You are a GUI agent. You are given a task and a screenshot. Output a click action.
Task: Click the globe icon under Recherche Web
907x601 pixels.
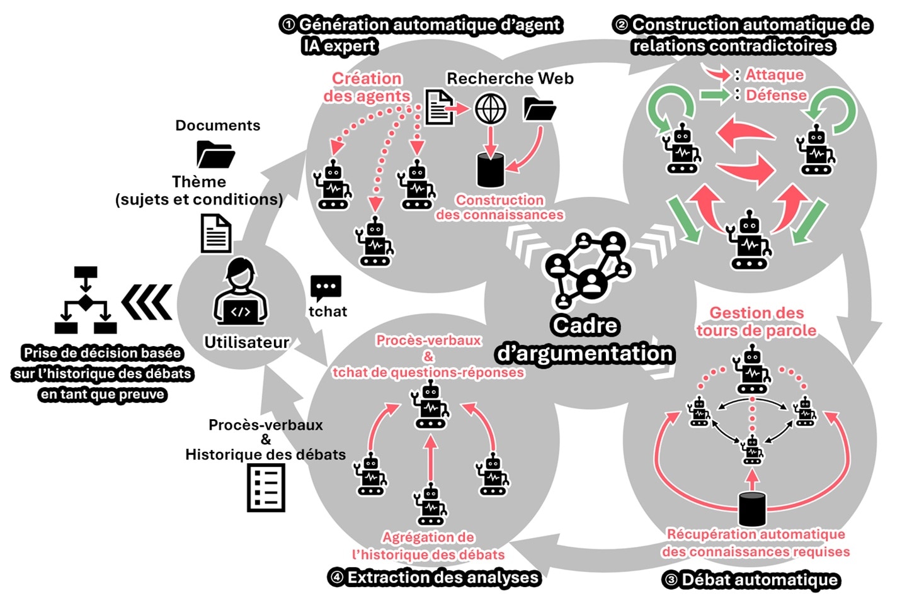coord(490,110)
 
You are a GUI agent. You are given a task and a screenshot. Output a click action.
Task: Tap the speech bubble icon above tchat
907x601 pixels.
coord(326,288)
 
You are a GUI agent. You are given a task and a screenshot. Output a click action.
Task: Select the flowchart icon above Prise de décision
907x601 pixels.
coord(86,300)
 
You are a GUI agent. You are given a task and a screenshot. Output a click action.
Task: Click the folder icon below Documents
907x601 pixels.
coord(215,154)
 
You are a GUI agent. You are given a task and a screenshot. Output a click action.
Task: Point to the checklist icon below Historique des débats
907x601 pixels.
coord(266,487)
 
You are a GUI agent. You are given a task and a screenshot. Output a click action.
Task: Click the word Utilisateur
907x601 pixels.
coord(247,342)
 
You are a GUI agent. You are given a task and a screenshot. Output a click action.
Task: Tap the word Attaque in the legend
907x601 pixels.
coord(775,75)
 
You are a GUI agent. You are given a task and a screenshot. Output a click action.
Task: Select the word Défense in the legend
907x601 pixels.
coord(776,96)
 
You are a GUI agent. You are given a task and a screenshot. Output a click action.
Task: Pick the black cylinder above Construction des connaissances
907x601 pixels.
coord(490,170)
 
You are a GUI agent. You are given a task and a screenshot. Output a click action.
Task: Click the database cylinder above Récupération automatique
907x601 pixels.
coord(752,508)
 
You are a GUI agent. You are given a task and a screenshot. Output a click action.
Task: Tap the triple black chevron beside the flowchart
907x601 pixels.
coord(147,302)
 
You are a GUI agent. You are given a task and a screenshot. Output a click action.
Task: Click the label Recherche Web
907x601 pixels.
coord(510,79)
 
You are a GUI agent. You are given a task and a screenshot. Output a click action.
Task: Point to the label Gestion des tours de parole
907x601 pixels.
coord(756,322)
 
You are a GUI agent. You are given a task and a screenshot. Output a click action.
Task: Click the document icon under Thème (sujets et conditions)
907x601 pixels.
coord(216,233)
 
